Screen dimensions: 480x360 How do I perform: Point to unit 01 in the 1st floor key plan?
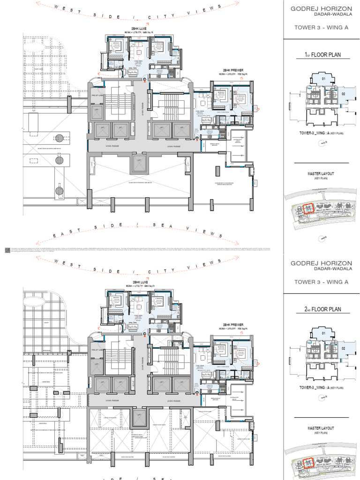tap(323, 79)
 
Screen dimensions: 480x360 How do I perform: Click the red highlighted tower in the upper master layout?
tap(308, 208)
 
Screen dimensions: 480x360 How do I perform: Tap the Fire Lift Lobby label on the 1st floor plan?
tap(97, 96)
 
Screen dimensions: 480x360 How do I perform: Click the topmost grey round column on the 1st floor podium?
tap(60, 138)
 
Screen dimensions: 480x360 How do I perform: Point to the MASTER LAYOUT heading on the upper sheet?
tap(321, 174)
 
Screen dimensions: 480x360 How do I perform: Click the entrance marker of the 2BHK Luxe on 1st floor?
tap(144, 80)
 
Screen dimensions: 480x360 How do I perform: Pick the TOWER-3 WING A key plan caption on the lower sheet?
tap(321, 388)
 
